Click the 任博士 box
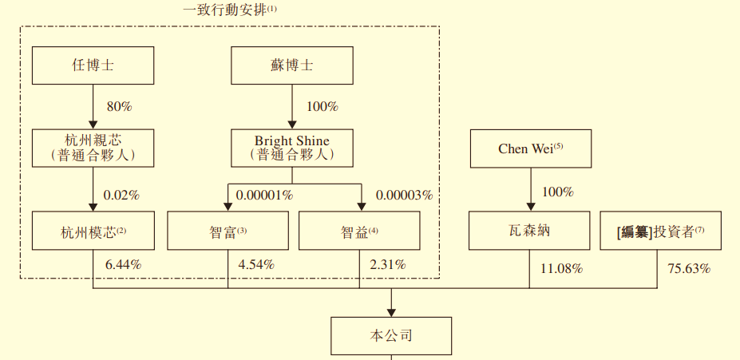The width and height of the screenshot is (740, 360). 93,65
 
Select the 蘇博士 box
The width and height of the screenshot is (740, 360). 291,65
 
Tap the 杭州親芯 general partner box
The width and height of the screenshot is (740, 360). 93,148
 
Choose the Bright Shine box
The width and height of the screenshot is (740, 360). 291,148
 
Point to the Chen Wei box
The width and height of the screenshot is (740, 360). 531,149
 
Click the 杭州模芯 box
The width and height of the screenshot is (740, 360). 93,231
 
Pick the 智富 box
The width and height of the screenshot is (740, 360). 228,231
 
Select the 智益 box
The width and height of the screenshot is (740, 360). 359,231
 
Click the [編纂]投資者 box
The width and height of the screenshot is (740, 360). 661,231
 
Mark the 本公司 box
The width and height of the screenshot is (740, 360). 391,336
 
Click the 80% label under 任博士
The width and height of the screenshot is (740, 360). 119,106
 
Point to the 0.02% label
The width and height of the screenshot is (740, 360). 121,195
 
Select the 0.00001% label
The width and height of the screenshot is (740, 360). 263,195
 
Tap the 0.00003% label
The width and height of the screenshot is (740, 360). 404,195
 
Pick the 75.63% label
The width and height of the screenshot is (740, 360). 689,269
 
